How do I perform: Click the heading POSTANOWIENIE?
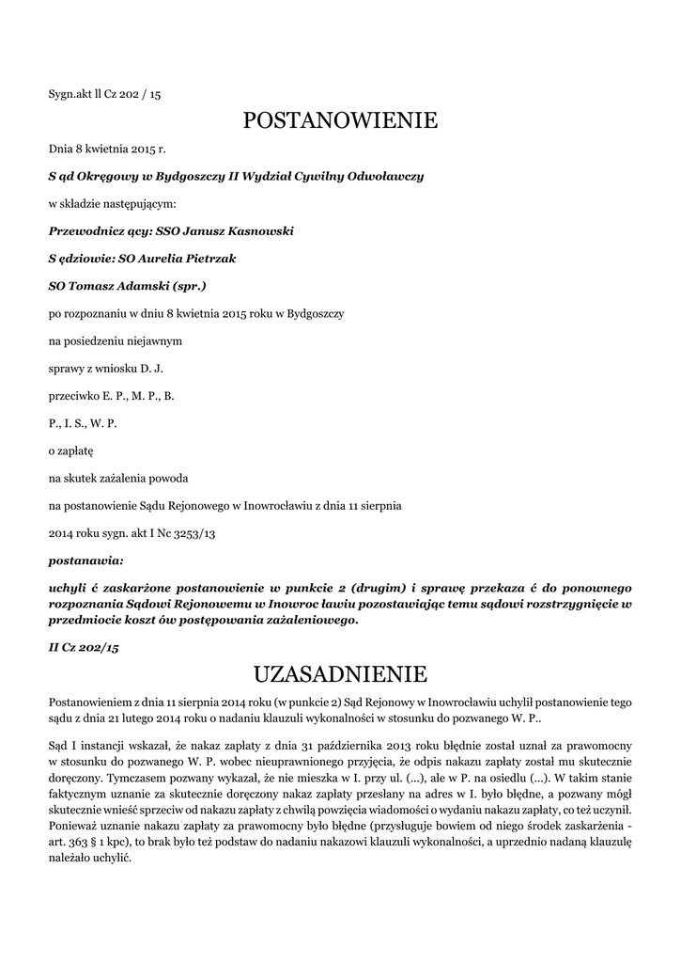(x=340, y=120)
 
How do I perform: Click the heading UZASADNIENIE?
(x=340, y=674)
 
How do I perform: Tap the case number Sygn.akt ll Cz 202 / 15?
(x=104, y=94)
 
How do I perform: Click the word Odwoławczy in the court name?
(x=386, y=176)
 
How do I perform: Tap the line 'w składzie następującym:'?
(x=112, y=203)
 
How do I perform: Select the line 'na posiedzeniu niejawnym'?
(x=116, y=340)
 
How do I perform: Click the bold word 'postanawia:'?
(x=85, y=560)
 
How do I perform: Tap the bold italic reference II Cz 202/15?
(x=84, y=647)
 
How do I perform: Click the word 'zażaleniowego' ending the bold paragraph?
(x=311, y=621)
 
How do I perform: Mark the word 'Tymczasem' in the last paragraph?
(x=136, y=778)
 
